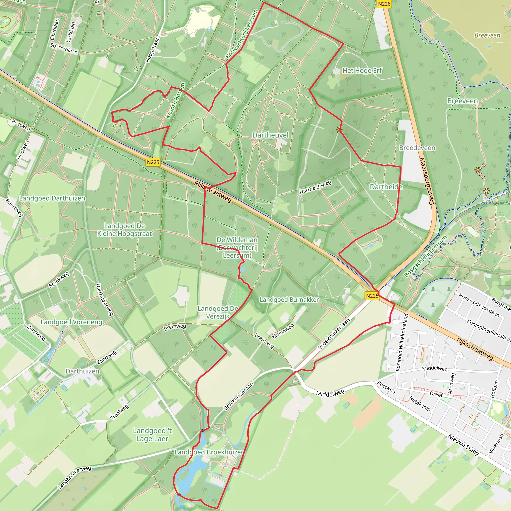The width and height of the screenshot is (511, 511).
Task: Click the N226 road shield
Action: tap(384, 4)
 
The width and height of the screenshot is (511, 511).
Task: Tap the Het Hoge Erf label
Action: tap(362, 71)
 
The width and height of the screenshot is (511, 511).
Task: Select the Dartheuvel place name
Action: tap(270, 135)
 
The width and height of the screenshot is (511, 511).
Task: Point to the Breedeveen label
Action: tap(417, 148)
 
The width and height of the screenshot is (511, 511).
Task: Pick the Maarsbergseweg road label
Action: tap(427, 181)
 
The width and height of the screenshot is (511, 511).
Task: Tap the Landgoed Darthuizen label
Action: tap(52, 198)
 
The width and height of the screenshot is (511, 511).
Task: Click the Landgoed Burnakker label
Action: tap(289, 300)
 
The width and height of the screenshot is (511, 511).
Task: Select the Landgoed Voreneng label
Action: tap(71, 322)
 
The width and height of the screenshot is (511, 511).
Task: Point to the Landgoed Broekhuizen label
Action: tap(209, 452)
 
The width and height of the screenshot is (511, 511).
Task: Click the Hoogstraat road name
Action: tap(153, 50)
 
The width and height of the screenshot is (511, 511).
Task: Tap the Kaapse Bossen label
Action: tap(175, 101)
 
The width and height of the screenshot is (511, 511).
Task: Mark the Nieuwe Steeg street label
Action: tap(463, 445)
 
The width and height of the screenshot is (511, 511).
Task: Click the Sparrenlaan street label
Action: tap(64, 49)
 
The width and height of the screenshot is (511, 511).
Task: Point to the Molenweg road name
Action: tap(283, 331)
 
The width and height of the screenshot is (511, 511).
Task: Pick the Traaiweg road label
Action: tap(120, 412)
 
